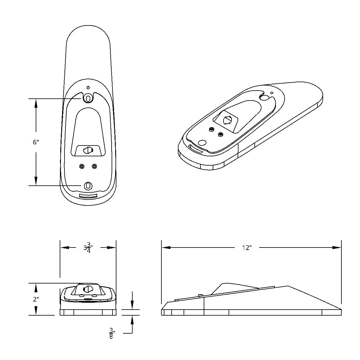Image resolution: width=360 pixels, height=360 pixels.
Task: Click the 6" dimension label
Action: pyautogui.click(x=36, y=142)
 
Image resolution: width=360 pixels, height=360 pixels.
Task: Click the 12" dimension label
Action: pyautogui.click(x=247, y=248)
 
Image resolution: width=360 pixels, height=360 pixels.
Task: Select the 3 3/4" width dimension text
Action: pyautogui.click(x=88, y=248)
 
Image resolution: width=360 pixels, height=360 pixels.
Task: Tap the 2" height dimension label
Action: pyautogui.click(x=36, y=299)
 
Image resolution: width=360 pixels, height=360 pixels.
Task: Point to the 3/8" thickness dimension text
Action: pyautogui.click(x=112, y=333)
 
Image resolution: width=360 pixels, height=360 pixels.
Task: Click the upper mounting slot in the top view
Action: pyautogui.click(x=88, y=97)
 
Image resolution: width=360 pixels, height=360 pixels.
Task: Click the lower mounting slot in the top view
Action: pyautogui.click(x=88, y=186)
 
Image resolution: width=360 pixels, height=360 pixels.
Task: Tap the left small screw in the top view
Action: pyautogui.click(x=82, y=166)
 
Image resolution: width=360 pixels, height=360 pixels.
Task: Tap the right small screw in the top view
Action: pyautogui.click(x=94, y=166)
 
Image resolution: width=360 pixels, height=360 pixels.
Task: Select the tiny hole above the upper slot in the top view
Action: pyautogui.click(x=88, y=88)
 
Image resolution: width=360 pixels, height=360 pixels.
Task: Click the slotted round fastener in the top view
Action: pyautogui.click(x=88, y=150)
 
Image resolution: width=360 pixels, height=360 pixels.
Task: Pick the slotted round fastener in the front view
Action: pyautogui.click(x=88, y=289)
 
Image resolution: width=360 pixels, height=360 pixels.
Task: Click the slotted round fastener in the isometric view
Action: pyautogui.click(x=227, y=120)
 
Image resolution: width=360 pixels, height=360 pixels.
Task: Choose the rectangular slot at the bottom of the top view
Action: pyautogui.click(x=88, y=196)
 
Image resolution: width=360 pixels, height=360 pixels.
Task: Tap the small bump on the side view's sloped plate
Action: pyautogui.click(x=199, y=295)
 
